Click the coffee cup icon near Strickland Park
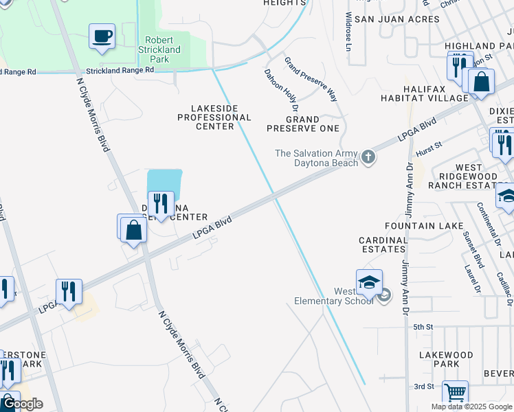[102, 36]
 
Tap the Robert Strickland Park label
[162, 49]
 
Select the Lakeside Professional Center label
[214, 117]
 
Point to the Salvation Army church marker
[368, 158]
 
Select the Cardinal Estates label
[383, 245]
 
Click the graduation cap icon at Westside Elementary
[369, 282]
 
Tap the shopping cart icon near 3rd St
[455, 393]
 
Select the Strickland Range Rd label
[120, 71]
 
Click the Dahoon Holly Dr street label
[280, 89]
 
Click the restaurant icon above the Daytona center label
[161, 204]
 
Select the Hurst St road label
[429, 149]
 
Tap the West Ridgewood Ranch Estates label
[470, 176]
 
